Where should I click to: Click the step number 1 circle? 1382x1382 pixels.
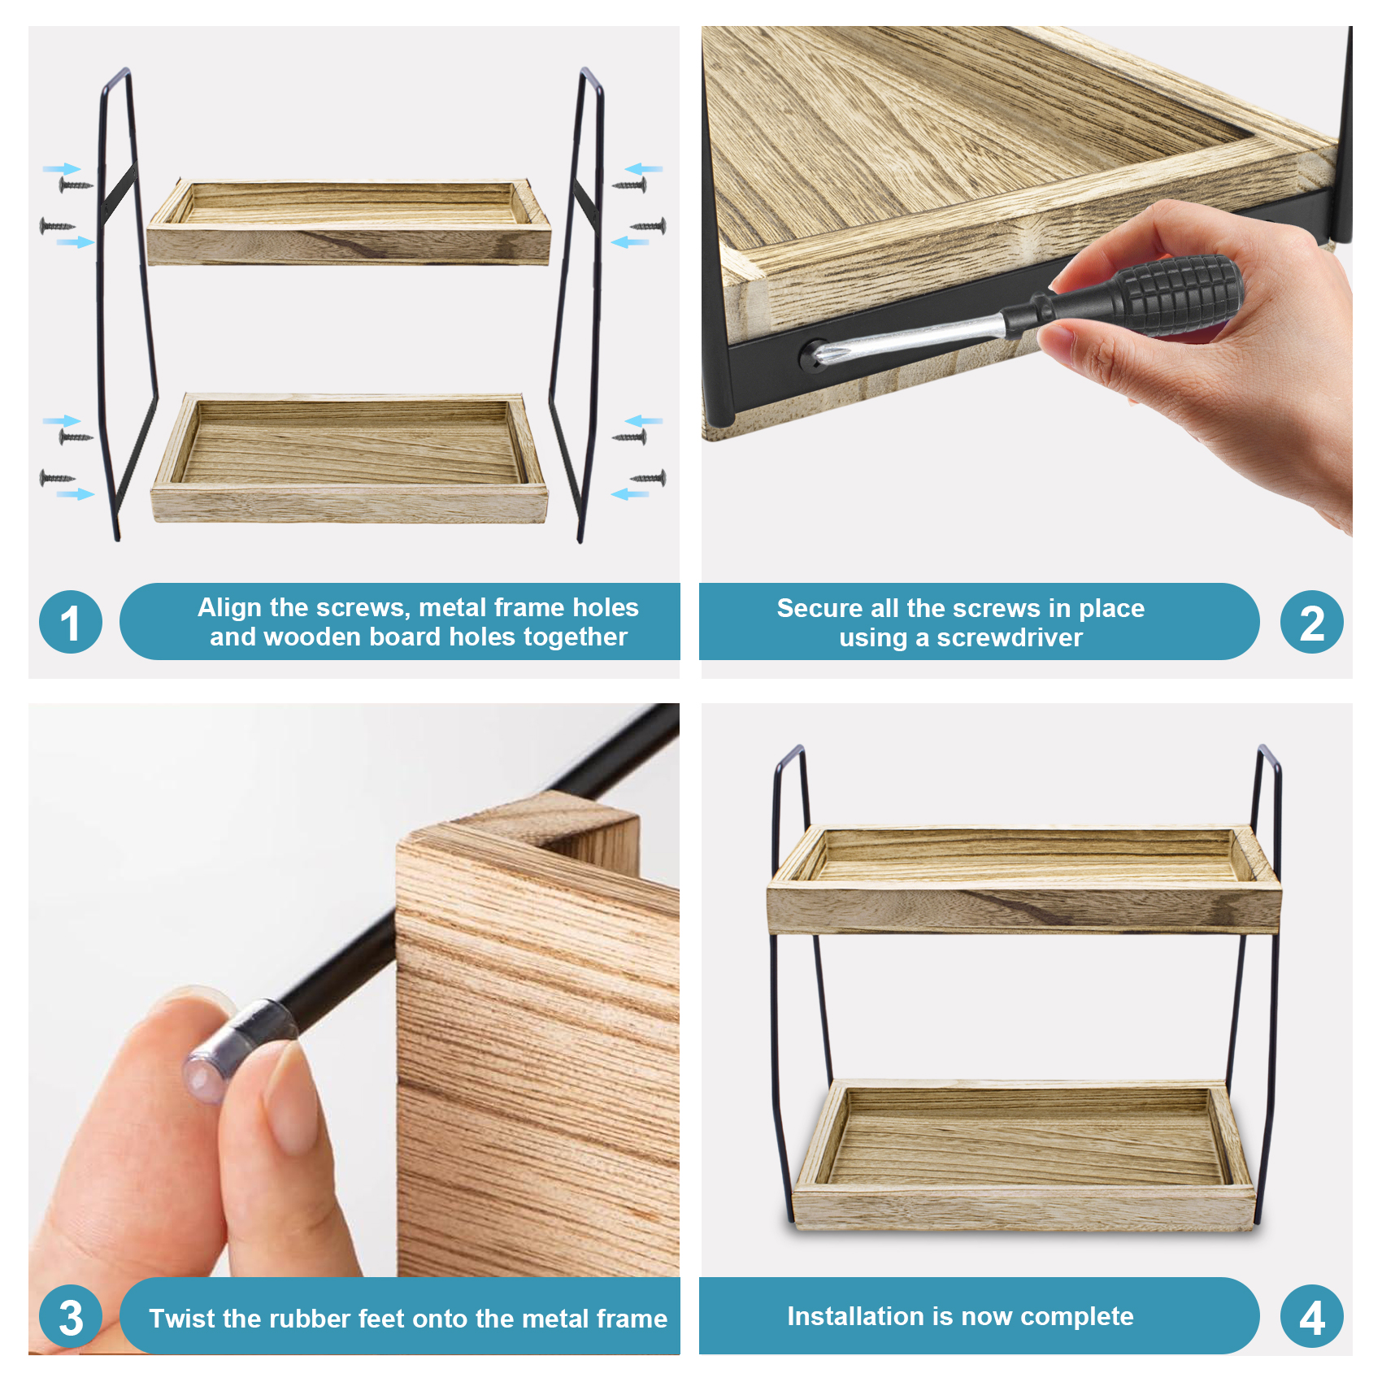(71, 622)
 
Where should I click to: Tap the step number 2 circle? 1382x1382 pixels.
(1311, 622)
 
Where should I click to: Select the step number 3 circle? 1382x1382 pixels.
(71, 1316)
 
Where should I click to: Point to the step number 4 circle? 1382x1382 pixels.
(1311, 1316)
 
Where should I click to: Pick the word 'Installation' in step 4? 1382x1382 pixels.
(857, 1316)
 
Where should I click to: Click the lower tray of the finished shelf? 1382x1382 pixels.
(1024, 1154)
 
